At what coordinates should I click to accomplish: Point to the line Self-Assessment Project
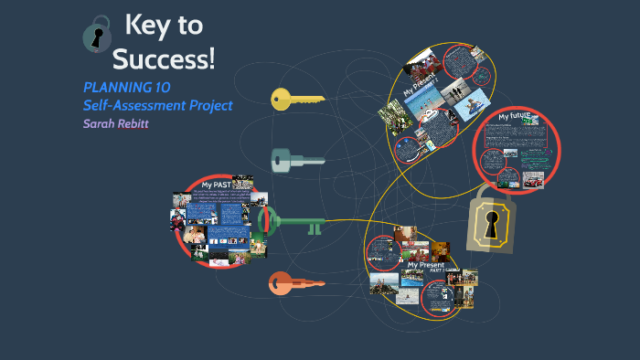(157, 105)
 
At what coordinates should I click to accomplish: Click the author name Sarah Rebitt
(115, 123)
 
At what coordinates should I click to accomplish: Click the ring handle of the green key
(267, 219)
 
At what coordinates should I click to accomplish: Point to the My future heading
(517, 117)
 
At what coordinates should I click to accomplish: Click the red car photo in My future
(532, 181)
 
